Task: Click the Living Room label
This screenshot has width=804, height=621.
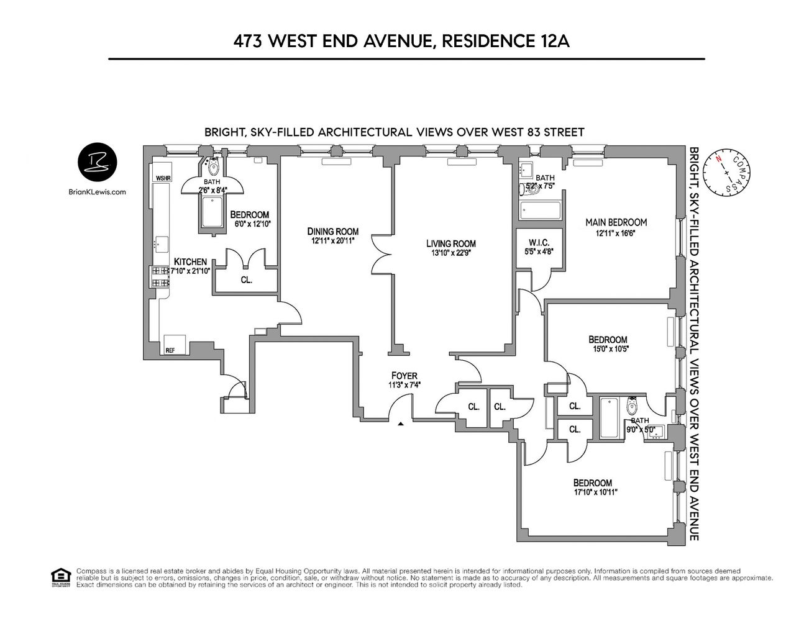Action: [450, 243]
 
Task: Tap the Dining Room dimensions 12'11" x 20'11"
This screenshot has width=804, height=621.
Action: [333, 240]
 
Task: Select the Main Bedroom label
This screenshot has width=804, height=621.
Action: [616, 222]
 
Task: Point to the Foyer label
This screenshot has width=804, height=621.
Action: [404, 376]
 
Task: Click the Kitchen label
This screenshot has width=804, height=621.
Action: [190, 261]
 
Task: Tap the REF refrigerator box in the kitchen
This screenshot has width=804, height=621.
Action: [170, 350]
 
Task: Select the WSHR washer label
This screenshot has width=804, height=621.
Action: [163, 178]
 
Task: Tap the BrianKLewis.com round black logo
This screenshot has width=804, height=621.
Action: [98, 163]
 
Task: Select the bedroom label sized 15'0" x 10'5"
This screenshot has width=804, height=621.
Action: [608, 340]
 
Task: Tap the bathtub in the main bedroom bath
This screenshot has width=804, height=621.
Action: [541, 211]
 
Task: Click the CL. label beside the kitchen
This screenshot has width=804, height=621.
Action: [246, 280]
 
